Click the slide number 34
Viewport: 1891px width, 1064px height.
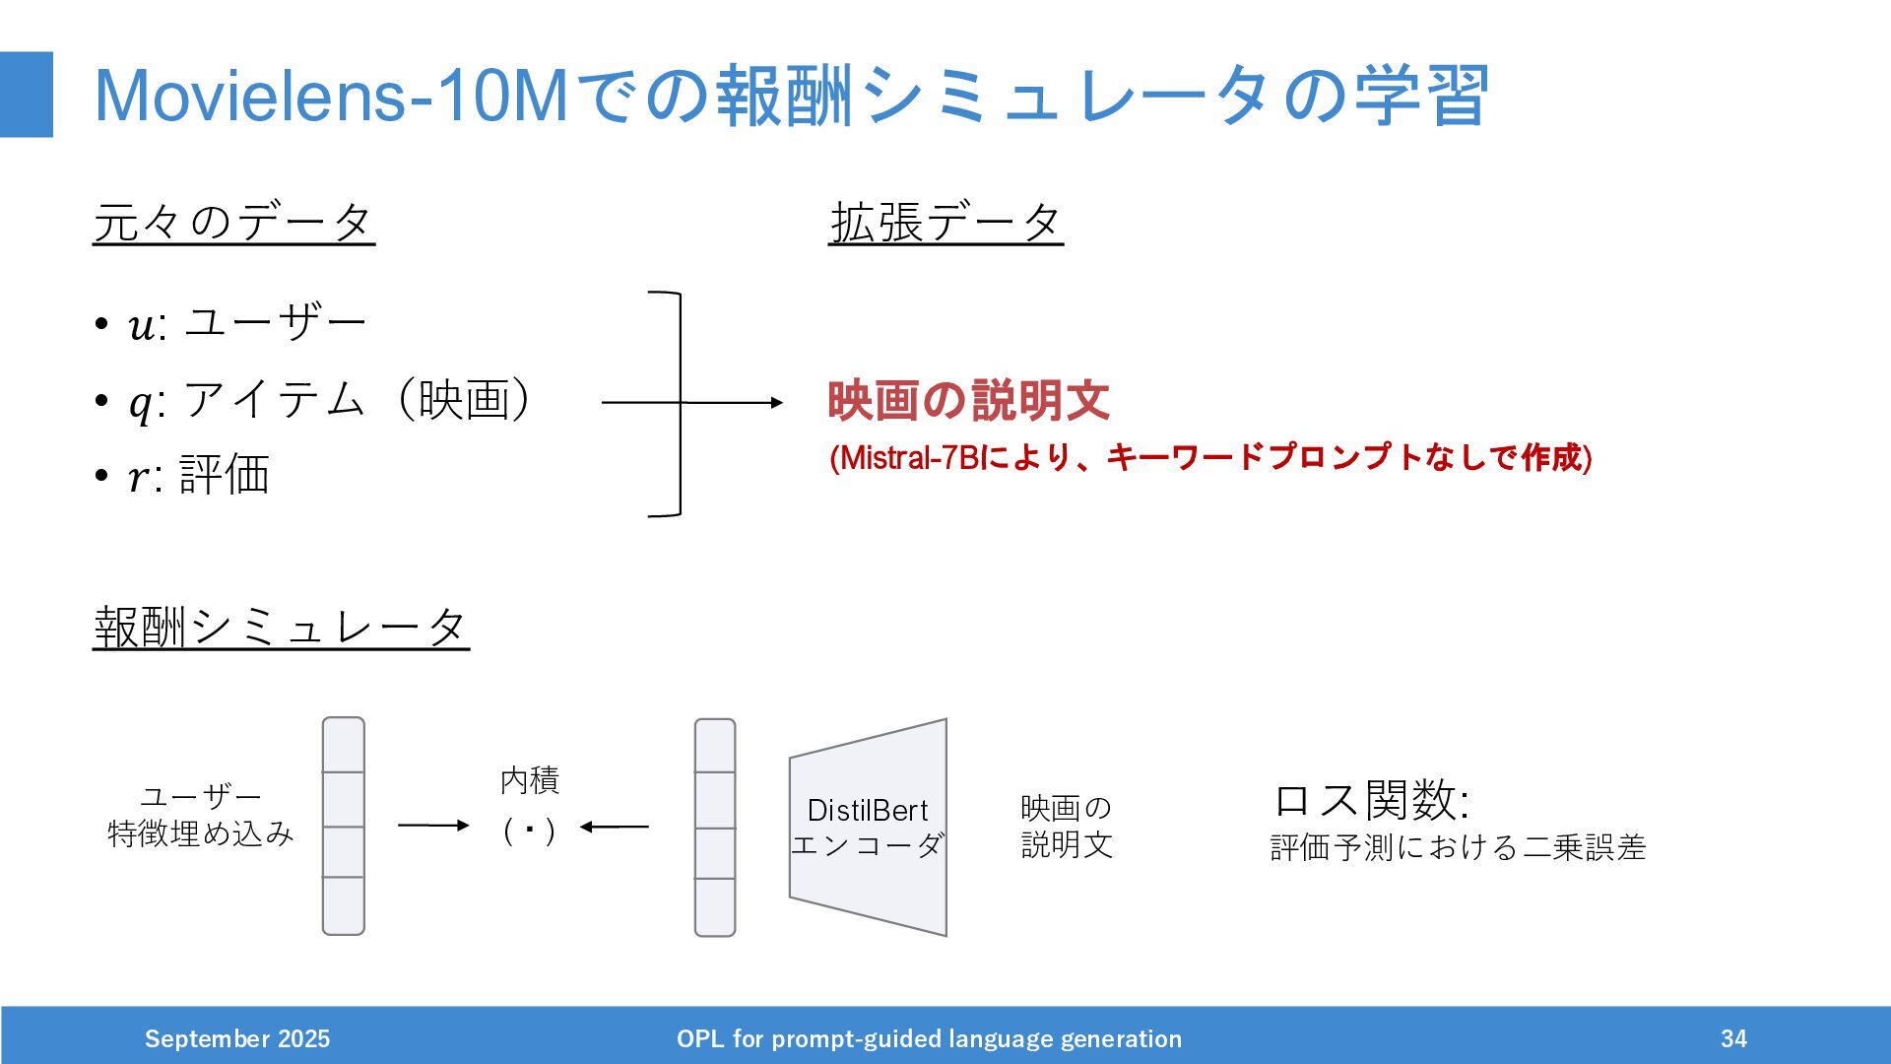[1733, 1038]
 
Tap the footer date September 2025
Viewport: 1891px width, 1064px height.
[237, 1038]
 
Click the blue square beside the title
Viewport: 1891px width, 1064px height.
[27, 95]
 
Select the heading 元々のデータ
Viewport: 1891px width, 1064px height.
[233, 222]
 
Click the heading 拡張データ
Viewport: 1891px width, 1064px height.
[945, 222]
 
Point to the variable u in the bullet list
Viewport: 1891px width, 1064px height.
[141, 325]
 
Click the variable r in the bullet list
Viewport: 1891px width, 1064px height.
[139, 478]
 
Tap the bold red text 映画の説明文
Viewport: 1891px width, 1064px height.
[968, 401]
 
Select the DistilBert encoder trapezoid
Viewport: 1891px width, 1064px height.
[868, 828]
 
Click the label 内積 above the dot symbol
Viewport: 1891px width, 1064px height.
[530, 780]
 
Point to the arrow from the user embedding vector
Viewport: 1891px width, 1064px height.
[433, 826]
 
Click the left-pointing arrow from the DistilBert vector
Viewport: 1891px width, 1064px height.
[615, 827]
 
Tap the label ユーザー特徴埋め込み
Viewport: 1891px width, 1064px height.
[201, 815]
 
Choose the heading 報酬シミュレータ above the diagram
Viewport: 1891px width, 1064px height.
[281, 628]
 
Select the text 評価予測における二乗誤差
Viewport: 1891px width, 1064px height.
[1458, 847]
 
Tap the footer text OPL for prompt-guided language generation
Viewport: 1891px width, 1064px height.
[929, 1038]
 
